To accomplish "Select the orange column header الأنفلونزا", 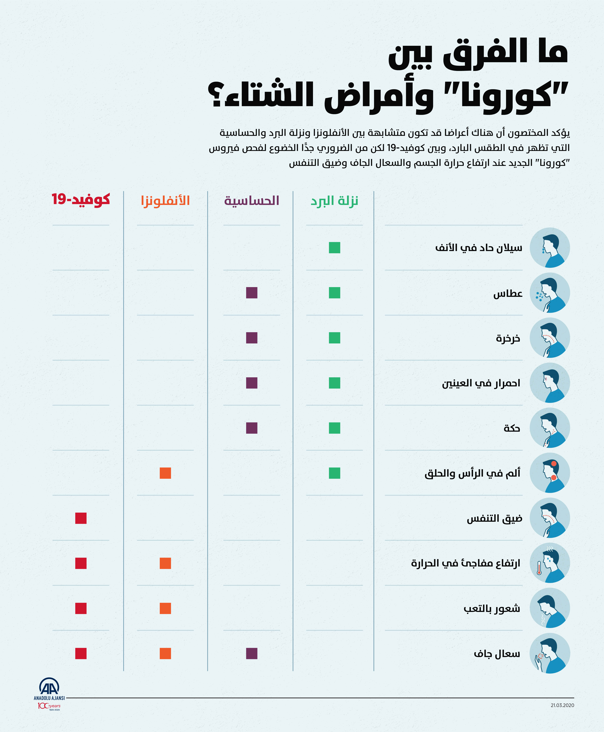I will click(x=165, y=201).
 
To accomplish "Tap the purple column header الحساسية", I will click(x=252, y=201).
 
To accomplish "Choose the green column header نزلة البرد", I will click(x=334, y=201).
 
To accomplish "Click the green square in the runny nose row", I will click(x=334, y=248).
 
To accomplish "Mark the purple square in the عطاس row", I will click(x=252, y=293).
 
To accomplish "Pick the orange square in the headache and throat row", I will click(x=165, y=473).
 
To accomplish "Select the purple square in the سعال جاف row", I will click(x=252, y=653).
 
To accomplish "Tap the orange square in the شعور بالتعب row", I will click(x=165, y=609).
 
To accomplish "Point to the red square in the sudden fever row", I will click(x=81, y=563).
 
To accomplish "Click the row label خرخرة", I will click(x=508, y=338).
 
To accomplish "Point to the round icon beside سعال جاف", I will click(x=550, y=653).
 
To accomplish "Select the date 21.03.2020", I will click(x=562, y=705).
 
